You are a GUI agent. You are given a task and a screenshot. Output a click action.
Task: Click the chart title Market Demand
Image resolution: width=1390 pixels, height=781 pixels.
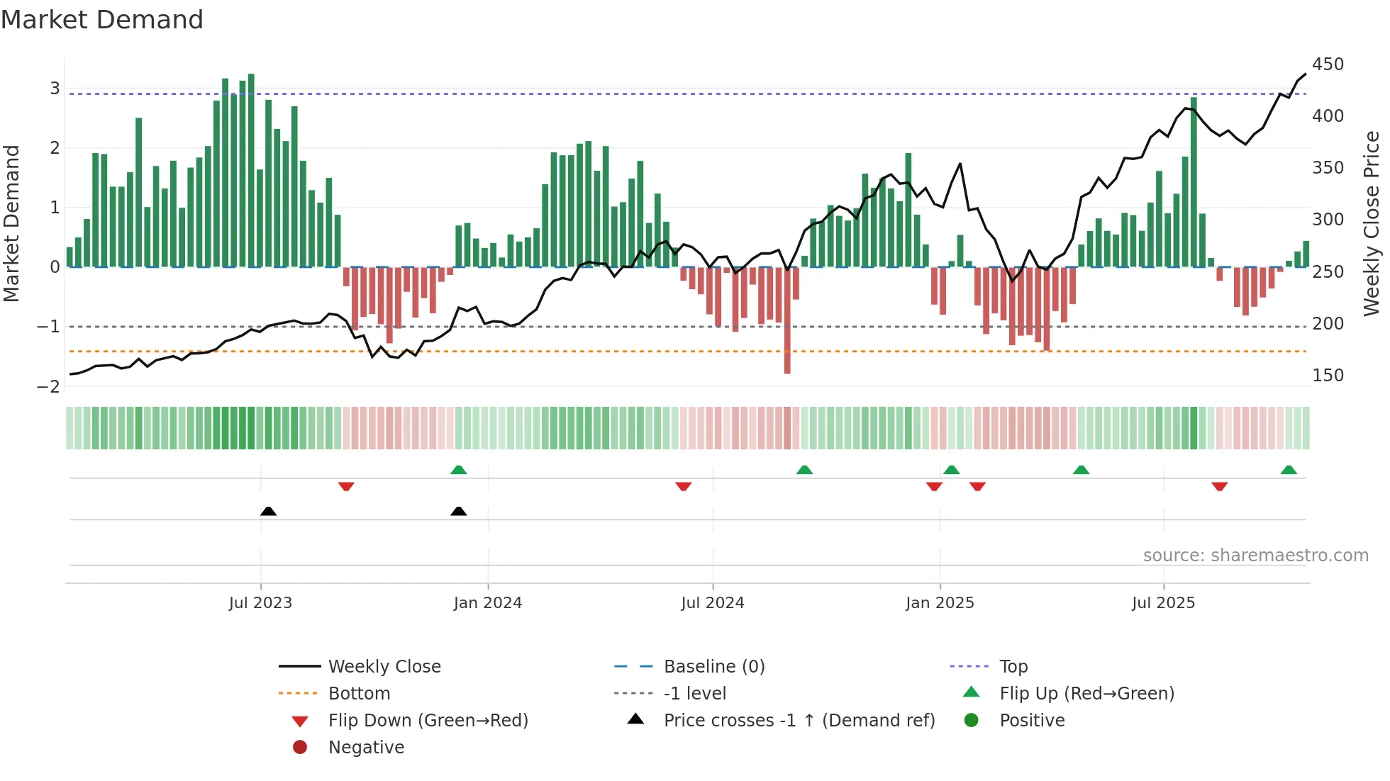coord(102,20)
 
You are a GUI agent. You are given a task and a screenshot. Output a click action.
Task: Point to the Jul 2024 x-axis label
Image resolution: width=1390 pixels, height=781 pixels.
coord(712,603)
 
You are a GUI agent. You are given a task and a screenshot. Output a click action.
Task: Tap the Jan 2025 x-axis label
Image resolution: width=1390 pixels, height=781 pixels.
coord(940,603)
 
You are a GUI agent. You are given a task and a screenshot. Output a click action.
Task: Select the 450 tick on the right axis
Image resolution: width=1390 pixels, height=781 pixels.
coord(1328,64)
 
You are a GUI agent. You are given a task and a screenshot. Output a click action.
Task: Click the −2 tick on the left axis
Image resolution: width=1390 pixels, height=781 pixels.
coord(48,387)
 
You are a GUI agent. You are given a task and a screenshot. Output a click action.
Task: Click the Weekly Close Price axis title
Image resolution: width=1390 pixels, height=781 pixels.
coord(1372,223)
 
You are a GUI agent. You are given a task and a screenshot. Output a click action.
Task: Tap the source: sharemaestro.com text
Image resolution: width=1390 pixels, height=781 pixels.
coord(1255,556)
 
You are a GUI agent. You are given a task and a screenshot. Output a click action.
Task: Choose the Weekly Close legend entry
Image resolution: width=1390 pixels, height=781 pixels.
coord(384,667)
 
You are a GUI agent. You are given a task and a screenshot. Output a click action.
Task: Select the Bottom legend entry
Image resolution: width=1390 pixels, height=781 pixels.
coord(359,694)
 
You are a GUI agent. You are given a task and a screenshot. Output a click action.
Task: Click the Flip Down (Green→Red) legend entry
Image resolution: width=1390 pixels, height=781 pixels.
coord(428,721)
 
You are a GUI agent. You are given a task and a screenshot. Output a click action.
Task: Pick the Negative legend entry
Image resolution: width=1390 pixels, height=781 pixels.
coord(366,748)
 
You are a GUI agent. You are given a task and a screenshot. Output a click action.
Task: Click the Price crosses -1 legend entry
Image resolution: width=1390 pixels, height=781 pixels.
coord(799,721)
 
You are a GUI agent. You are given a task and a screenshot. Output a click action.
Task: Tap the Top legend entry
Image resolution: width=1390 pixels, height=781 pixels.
coord(1013,667)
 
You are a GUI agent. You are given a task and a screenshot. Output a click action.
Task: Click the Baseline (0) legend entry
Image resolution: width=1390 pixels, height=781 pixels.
coord(713,667)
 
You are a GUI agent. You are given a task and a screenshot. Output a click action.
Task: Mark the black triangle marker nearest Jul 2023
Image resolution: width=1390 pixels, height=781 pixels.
coord(268,511)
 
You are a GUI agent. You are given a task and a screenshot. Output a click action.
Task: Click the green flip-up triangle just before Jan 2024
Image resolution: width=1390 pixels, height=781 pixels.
coord(459,470)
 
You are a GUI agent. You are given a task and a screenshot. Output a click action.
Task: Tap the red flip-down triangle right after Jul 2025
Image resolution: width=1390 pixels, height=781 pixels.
coord(1219,486)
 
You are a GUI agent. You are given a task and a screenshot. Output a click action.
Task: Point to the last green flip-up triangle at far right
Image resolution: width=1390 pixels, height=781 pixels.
coord(1289,470)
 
